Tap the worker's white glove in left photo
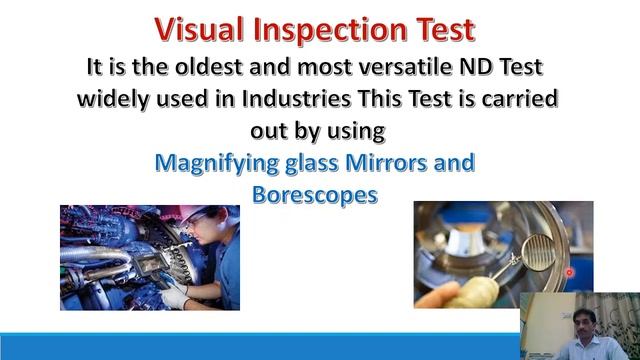point(175,295)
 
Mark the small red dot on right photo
point(569,271)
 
